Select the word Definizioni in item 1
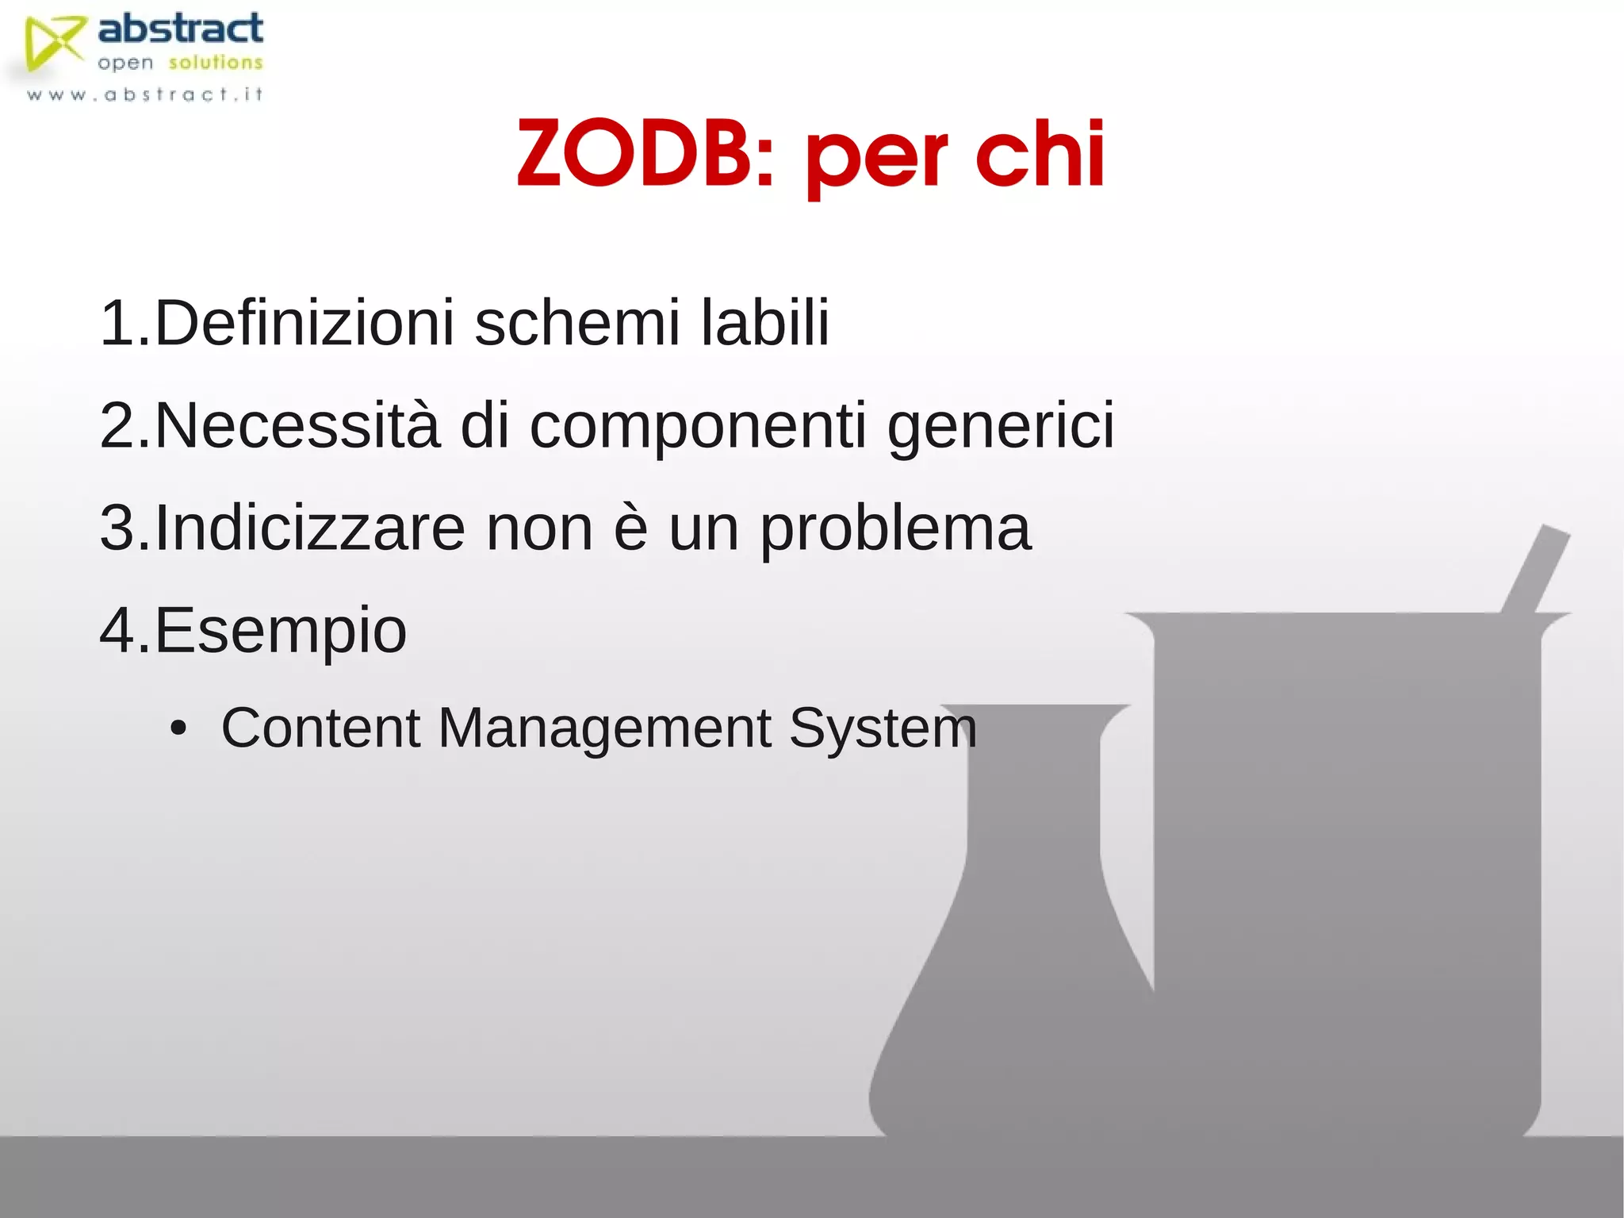point(304,323)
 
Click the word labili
point(765,323)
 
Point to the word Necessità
point(297,426)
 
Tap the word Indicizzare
point(310,528)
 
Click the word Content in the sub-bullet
point(320,728)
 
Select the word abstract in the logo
point(181,29)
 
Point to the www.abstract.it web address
point(144,94)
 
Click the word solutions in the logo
point(215,63)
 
